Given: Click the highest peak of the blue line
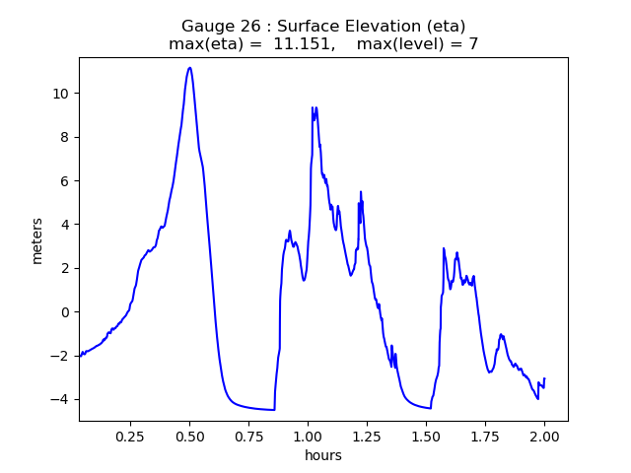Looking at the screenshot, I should [189, 68].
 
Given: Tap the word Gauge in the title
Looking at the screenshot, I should [206, 26].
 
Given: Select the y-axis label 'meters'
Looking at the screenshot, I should [37, 239].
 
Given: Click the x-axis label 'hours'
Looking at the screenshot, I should [323, 455].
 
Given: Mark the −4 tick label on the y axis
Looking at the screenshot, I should [60, 399].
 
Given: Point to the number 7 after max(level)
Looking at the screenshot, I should [473, 44].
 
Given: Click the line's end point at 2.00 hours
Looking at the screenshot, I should [544, 379].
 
